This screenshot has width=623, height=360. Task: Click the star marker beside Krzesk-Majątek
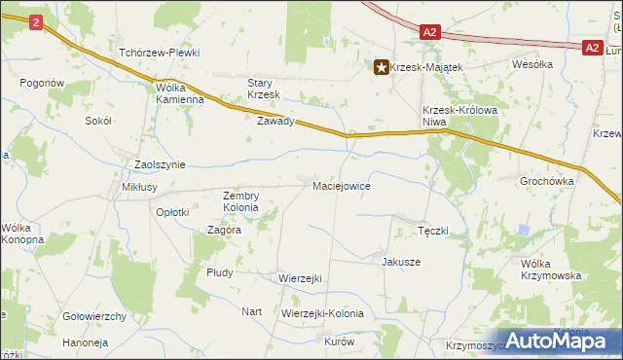point(381,67)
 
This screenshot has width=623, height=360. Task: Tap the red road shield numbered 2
point(36,21)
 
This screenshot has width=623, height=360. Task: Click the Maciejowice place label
point(341,185)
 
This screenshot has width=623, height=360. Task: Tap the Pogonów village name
point(41,84)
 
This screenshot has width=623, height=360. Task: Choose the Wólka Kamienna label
point(179,92)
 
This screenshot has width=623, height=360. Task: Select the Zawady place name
point(275,122)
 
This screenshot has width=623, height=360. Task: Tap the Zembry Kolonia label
point(240,201)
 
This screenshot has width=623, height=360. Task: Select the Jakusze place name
point(401,262)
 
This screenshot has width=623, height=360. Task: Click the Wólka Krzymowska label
point(551,270)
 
